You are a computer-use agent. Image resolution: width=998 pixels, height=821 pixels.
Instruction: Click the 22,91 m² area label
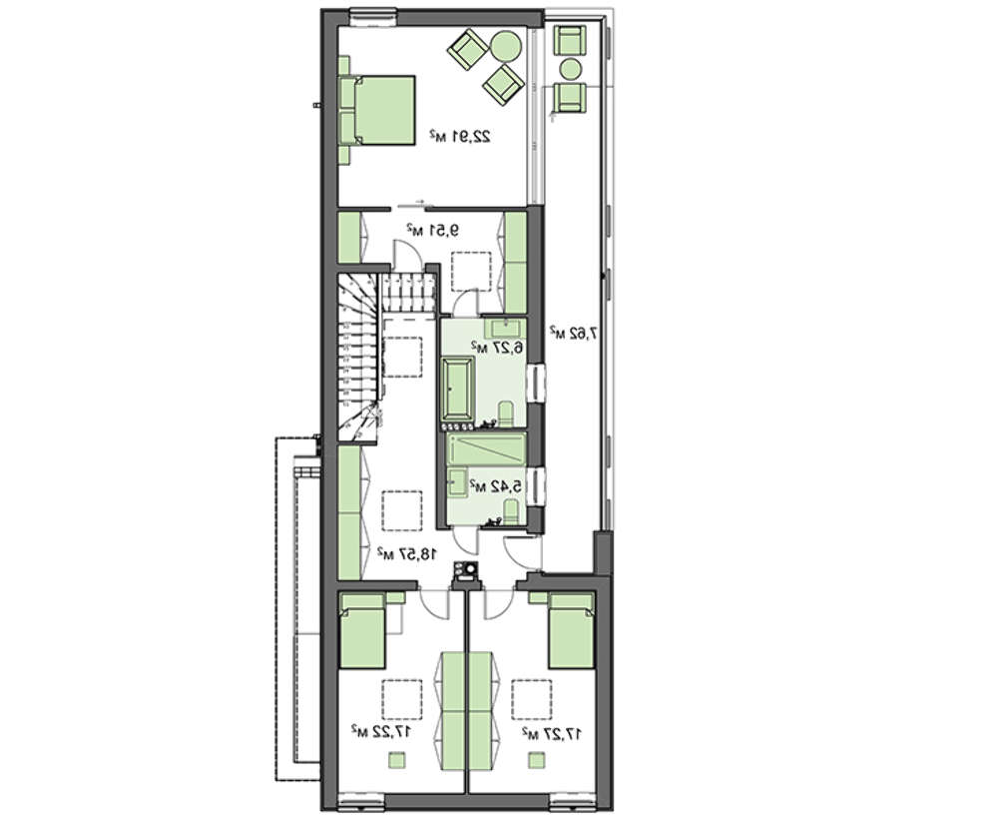pyautogui.click(x=459, y=136)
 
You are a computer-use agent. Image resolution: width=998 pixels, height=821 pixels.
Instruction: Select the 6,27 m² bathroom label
pyautogui.click(x=497, y=348)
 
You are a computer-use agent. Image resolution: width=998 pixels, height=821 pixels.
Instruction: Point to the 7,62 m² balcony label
pyautogui.click(x=574, y=332)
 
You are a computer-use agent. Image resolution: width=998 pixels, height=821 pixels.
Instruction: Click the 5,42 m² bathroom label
pyautogui.click(x=496, y=486)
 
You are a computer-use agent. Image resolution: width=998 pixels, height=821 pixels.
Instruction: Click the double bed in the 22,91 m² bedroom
pyautogui.click(x=377, y=111)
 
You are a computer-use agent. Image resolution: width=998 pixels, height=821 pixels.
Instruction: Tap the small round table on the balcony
pyautogui.click(x=570, y=68)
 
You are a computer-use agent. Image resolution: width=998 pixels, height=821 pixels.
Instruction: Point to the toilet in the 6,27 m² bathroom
pyautogui.click(x=507, y=414)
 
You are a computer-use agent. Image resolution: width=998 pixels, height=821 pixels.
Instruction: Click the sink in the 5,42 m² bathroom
pyautogui.click(x=457, y=482)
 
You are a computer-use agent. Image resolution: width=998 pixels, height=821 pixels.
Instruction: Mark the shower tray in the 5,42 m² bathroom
pyautogui.click(x=487, y=449)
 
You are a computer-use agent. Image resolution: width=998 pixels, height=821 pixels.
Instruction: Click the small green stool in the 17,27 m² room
pyautogui.click(x=537, y=760)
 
